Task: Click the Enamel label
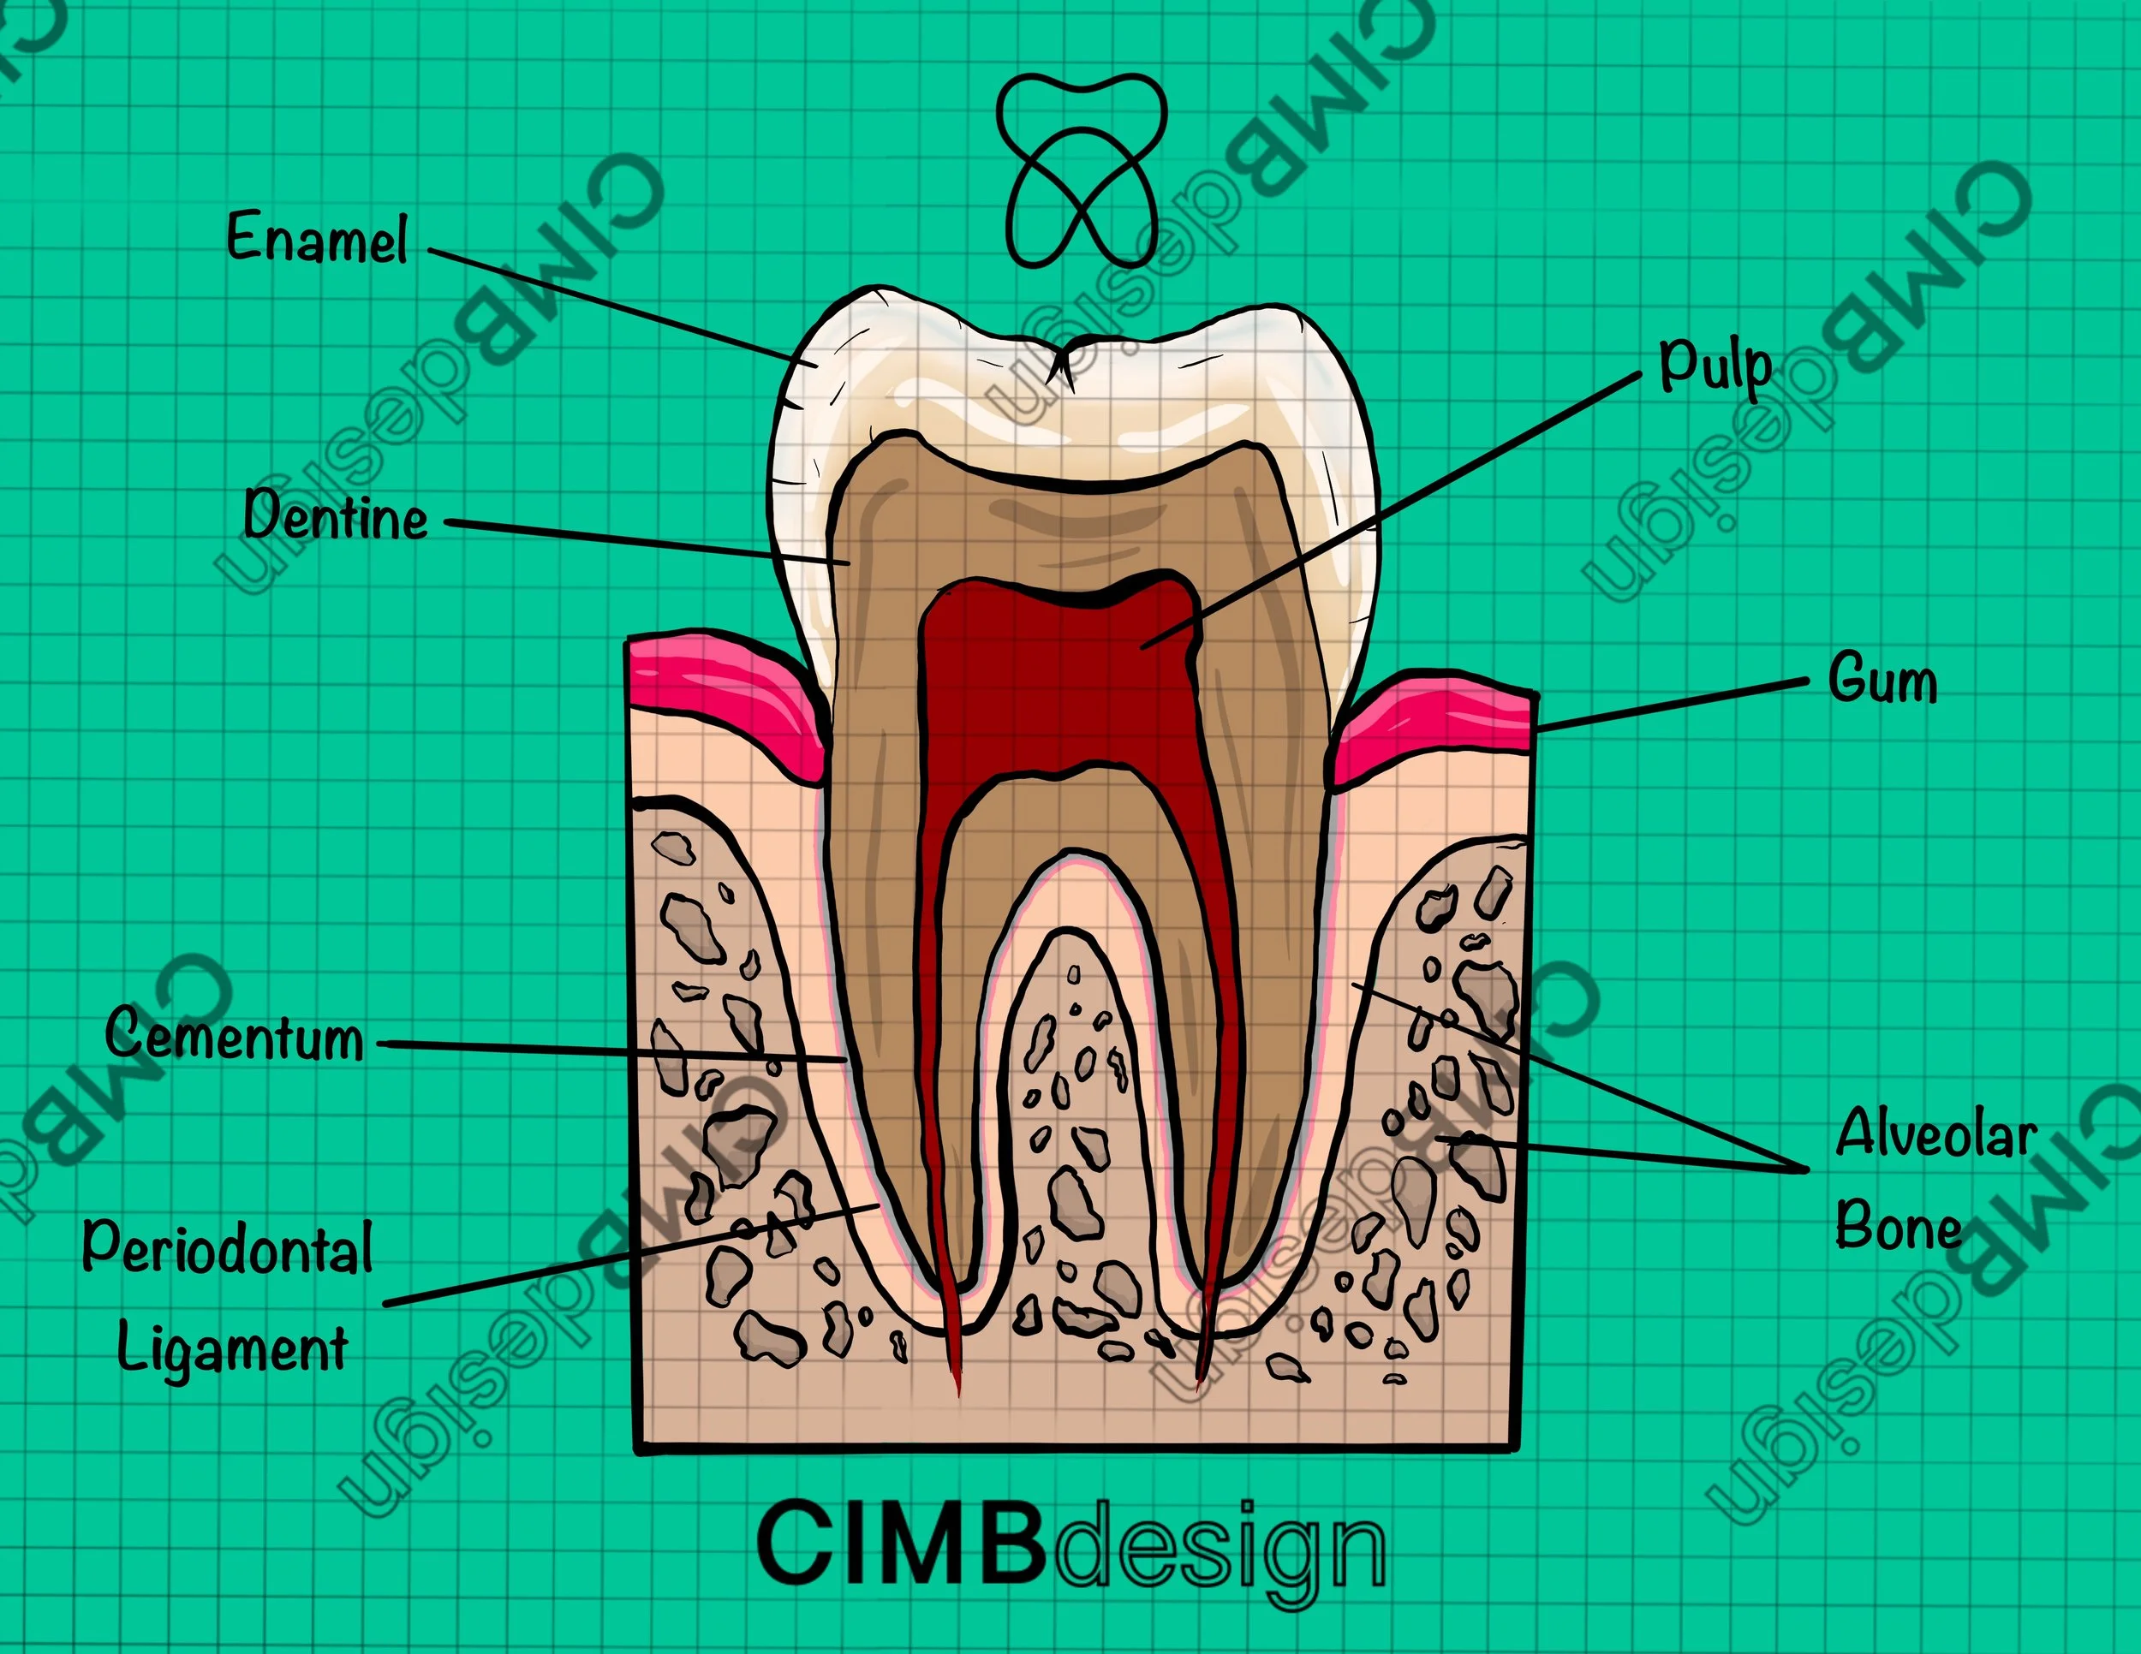click(317, 238)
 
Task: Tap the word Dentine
click(335, 515)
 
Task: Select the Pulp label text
click(1715, 366)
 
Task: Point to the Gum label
click(1882, 679)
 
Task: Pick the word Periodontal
click(228, 1248)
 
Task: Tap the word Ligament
click(232, 1348)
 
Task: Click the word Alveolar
click(1936, 1133)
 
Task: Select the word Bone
click(1898, 1225)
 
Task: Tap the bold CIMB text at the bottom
click(900, 1545)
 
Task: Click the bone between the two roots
click(1073, 1127)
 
